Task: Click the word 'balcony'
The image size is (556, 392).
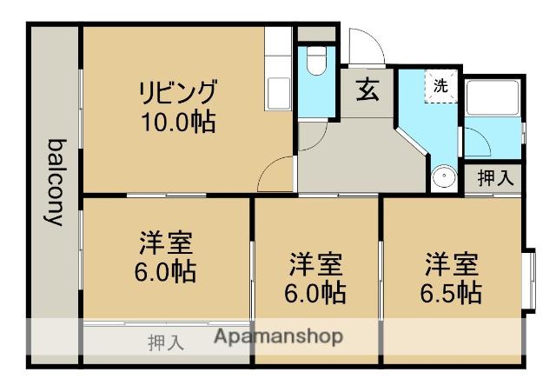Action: click(55, 183)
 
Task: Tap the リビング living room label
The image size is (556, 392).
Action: click(178, 90)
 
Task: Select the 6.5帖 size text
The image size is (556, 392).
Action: click(451, 292)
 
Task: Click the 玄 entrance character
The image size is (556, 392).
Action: click(367, 90)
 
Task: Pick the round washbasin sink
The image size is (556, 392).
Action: click(445, 177)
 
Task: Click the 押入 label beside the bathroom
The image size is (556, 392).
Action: click(495, 178)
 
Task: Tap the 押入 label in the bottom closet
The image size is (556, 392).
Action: click(165, 342)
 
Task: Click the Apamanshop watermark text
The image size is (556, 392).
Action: click(278, 336)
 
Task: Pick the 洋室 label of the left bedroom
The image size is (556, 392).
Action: click(165, 243)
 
